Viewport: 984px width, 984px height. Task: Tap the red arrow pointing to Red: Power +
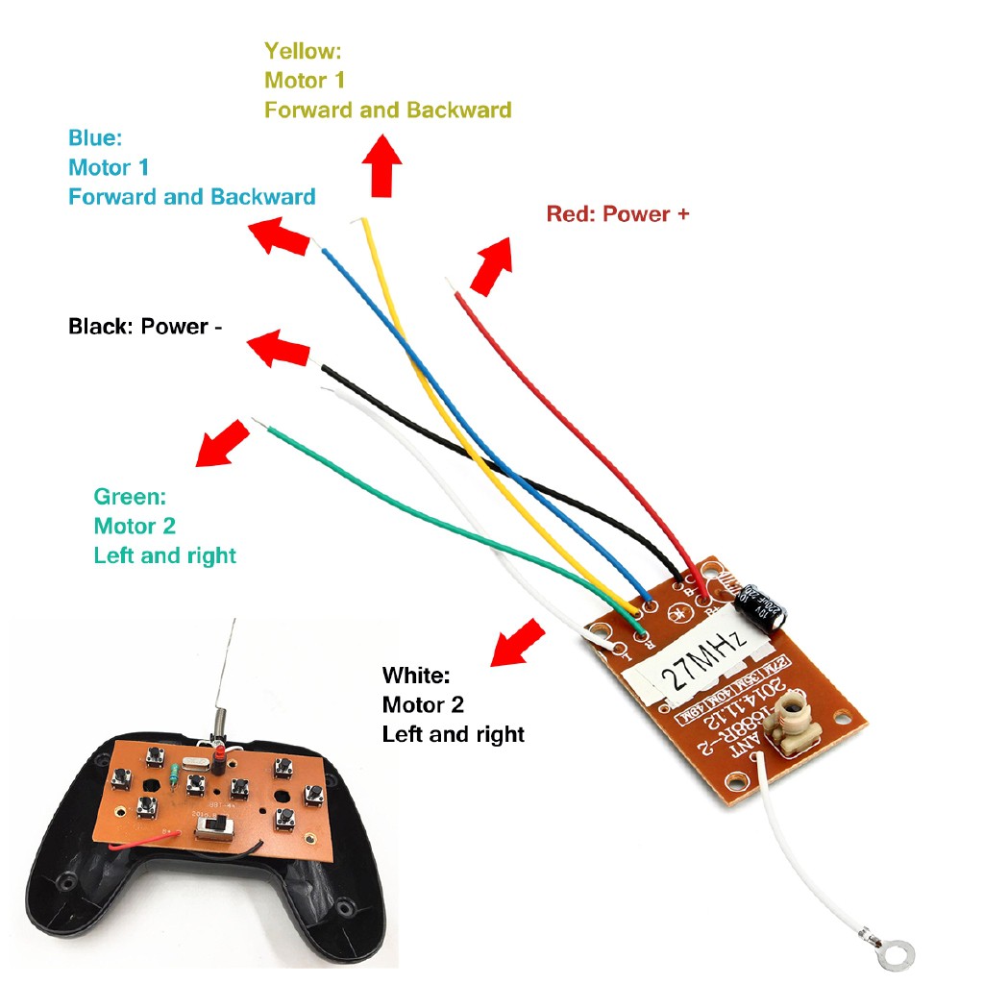pos(491,266)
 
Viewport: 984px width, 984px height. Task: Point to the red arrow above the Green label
pos(219,443)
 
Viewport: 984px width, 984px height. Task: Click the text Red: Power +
pos(617,213)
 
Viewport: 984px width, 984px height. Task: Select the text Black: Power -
pos(145,327)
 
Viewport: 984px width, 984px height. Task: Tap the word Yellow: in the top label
pos(303,50)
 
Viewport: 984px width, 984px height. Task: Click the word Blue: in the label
pos(95,138)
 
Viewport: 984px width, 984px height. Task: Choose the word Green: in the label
pos(130,497)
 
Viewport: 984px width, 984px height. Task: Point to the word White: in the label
pos(415,675)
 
